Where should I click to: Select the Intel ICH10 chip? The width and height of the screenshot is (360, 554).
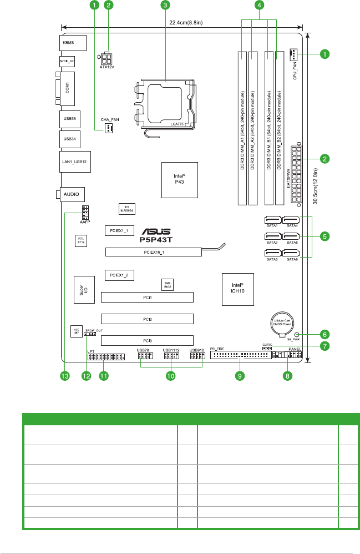click(x=237, y=290)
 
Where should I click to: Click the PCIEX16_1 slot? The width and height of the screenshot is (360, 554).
click(x=154, y=252)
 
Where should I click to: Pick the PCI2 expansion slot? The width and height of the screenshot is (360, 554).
click(x=147, y=319)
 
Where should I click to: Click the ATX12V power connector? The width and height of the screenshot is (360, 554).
click(x=107, y=59)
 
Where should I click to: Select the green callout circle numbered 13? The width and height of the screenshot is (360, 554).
click(x=65, y=376)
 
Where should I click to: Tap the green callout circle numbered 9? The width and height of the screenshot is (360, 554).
click(x=239, y=376)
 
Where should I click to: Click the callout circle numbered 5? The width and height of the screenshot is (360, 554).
click(x=326, y=235)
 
